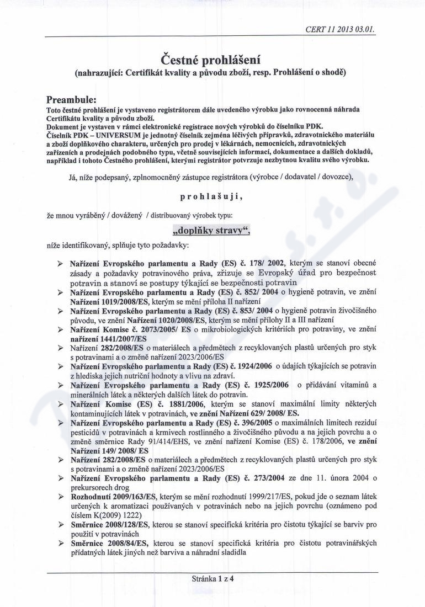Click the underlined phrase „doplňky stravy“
pyautogui.click(x=211, y=230)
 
